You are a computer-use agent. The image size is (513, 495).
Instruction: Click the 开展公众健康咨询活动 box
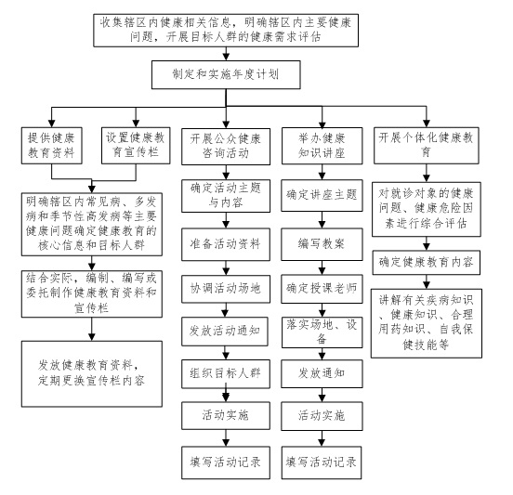[224, 143]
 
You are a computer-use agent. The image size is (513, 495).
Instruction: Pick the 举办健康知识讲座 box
[321, 143]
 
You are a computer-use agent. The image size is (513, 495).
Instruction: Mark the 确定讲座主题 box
[321, 196]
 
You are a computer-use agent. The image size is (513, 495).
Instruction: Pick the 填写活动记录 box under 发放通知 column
[321, 459]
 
